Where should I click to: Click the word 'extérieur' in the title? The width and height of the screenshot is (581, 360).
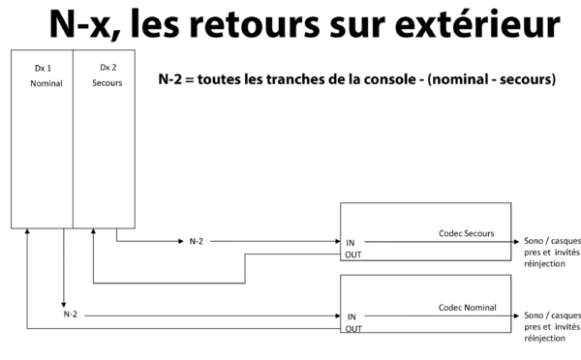point(480,26)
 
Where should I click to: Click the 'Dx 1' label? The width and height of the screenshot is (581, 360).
point(42,68)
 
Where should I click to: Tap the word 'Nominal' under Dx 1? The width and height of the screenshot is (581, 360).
point(46,83)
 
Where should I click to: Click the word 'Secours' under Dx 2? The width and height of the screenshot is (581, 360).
point(107,83)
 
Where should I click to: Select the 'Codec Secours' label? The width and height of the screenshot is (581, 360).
point(467,233)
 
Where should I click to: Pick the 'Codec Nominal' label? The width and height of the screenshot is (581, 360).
point(467,308)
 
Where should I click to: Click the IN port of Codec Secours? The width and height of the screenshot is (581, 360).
point(351,241)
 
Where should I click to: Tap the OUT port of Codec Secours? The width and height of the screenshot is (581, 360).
point(353,255)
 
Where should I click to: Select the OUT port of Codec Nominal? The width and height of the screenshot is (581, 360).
point(353,329)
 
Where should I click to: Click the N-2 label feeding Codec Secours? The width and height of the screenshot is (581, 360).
point(197,241)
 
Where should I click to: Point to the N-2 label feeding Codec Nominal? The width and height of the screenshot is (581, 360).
point(71,315)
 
